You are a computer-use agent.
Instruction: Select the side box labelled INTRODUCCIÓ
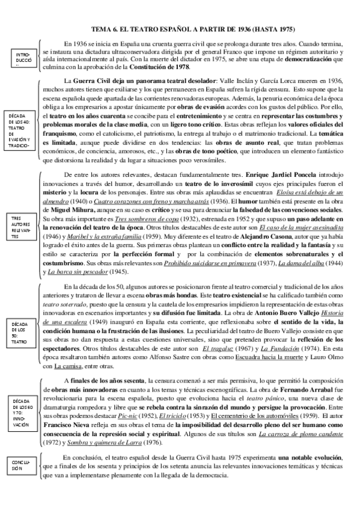22,59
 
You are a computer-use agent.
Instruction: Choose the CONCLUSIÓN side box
21,464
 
